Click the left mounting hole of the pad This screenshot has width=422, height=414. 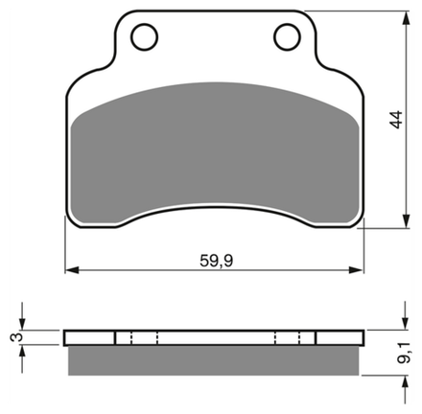pos(145,36)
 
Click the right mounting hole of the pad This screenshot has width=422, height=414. pos(288,36)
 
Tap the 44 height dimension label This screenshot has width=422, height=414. pos(396,120)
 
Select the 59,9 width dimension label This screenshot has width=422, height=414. pos(217,261)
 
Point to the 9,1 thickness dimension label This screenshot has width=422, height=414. pos(404,352)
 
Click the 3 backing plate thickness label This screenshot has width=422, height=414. pos(16,337)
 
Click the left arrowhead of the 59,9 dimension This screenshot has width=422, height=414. pos(72,270)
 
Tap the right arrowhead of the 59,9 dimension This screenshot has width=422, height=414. pos(356,270)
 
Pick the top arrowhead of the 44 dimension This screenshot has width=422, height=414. pos(407,18)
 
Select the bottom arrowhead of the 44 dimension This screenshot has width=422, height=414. pos(407,220)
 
